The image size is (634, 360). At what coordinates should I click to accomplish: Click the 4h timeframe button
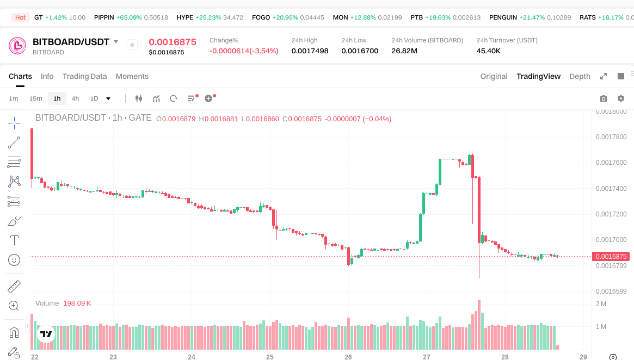(x=75, y=98)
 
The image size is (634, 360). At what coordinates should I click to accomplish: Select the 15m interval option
(x=35, y=98)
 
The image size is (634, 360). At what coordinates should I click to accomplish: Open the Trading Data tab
(x=84, y=76)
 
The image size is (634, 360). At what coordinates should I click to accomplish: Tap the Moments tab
(x=132, y=76)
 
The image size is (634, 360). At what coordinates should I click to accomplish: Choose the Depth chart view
(x=580, y=76)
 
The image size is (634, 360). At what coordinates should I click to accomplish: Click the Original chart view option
(x=494, y=76)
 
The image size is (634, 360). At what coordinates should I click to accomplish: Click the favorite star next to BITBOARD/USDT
(x=132, y=45)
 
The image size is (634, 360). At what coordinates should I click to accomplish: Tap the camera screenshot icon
(x=604, y=98)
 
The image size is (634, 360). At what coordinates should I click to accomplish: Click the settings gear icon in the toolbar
(x=621, y=98)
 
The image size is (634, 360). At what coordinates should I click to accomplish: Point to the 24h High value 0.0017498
(x=310, y=51)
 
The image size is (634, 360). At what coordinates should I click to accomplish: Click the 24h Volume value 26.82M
(x=404, y=51)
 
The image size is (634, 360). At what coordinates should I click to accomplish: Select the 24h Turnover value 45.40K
(x=488, y=51)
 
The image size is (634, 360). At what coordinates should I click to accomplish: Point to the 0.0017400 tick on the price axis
(x=611, y=188)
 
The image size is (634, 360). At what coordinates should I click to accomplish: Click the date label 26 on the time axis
(x=348, y=357)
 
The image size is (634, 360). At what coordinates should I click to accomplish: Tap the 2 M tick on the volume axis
(x=601, y=303)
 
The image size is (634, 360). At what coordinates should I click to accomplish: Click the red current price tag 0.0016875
(x=611, y=256)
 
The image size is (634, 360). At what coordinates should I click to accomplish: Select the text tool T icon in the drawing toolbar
(x=14, y=240)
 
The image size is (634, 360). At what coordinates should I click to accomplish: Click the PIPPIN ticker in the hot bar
(x=104, y=17)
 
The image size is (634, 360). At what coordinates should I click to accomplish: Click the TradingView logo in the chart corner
(x=46, y=334)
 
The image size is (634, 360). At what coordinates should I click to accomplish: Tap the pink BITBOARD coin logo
(x=17, y=46)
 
